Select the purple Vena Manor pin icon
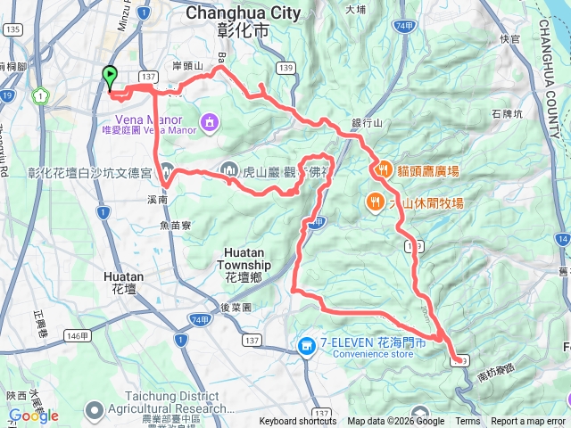click(x=209, y=119)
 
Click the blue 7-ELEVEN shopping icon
click(x=306, y=344)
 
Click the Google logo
click(x=33, y=416)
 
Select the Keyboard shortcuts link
click(x=297, y=422)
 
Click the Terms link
click(x=468, y=422)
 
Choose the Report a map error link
click(x=529, y=422)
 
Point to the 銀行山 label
click(x=367, y=123)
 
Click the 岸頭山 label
click(x=187, y=66)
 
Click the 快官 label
click(x=509, y=38)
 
